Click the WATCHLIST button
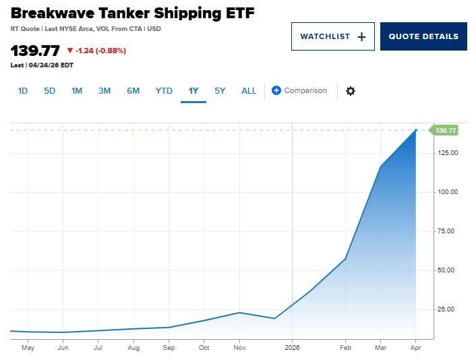click(332, 36)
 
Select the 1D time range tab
click(22, 90)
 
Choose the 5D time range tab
click(49, 90)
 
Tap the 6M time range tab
click(133, 90)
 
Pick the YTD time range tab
click(164, 90)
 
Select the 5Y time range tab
click(220, 90)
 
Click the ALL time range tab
click(249, 90)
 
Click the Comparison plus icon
click(276, 90)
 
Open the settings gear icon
click(350, 91)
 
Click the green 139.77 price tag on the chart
click(446, 130)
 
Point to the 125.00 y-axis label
click(446, 153)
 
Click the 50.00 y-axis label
click(446, 270)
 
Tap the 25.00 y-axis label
click(446, 309)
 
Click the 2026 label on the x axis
click(292, 348)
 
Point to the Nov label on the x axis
click(239, 348)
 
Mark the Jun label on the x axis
click(63, 348)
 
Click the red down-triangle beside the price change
click(69, 51)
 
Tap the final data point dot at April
click(416, 130)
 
